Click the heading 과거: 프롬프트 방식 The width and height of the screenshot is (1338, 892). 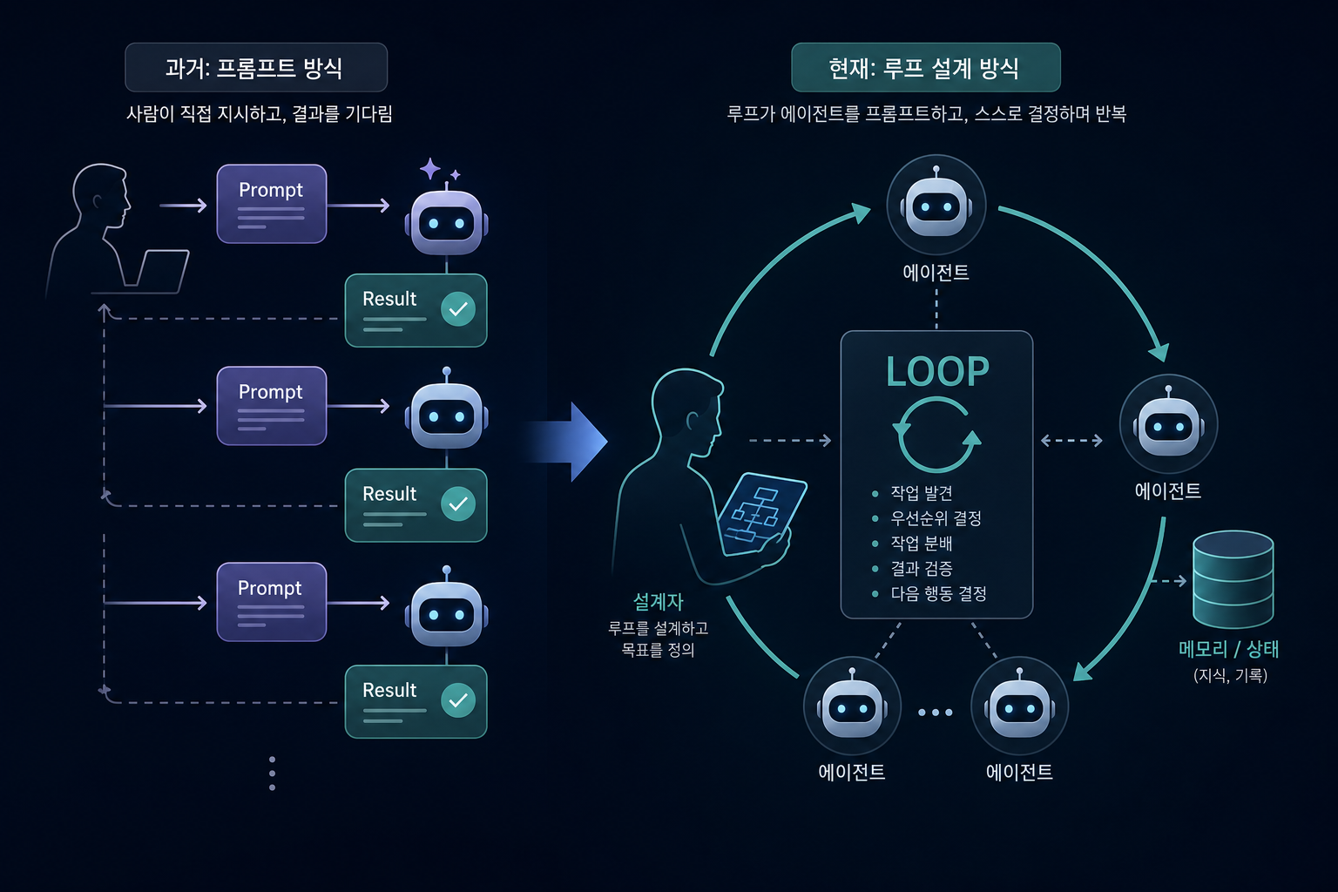pos(254,68)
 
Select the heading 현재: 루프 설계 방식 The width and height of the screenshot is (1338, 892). pos(924,68)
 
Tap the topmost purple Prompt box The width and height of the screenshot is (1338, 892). pos(272,204)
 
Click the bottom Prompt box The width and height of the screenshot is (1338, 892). pos(272,602)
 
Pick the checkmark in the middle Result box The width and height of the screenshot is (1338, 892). pos(458,503)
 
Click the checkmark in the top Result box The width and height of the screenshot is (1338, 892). pos(458,308)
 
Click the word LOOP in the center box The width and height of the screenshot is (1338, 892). pos(937,372)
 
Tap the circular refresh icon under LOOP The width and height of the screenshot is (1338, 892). pos(936,435)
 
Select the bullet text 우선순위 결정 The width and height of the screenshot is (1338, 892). pos(936,518)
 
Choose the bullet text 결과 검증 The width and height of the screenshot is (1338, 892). pos(921,568)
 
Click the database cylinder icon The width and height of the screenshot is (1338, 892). pos(1233,579)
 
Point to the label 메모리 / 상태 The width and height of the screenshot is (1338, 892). pos(1229,649)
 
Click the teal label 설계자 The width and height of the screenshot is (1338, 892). pos(658,602)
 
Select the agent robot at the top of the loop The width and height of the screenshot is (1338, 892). pos(936,205)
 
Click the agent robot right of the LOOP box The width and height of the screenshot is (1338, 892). pos(1168,424)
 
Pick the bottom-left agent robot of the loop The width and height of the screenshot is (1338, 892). pos(852,706)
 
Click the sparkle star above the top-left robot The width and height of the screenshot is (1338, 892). pos(430,168)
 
